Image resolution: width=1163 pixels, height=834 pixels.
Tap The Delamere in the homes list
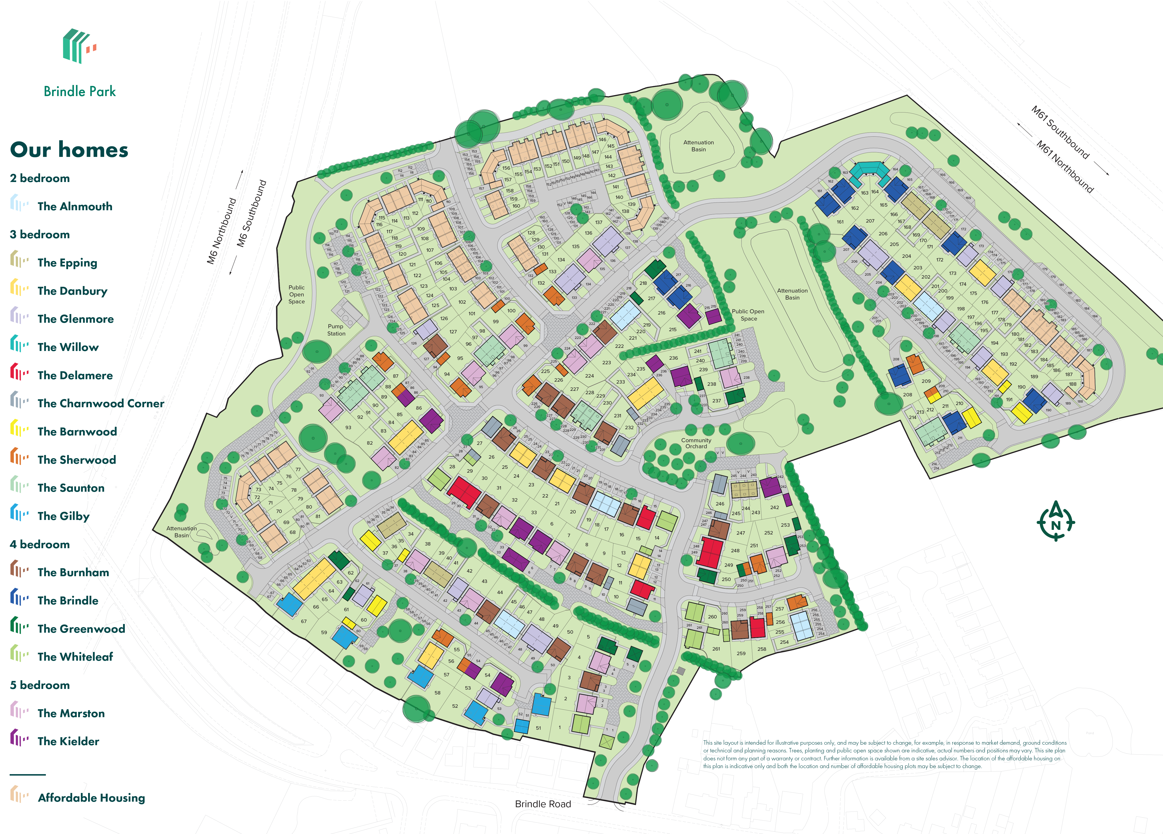coord(75,375)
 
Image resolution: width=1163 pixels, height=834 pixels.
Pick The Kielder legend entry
coord(68,741)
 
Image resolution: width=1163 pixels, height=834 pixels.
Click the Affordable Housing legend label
coord(91,798)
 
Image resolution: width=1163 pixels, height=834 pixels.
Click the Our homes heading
coord(69,150)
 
